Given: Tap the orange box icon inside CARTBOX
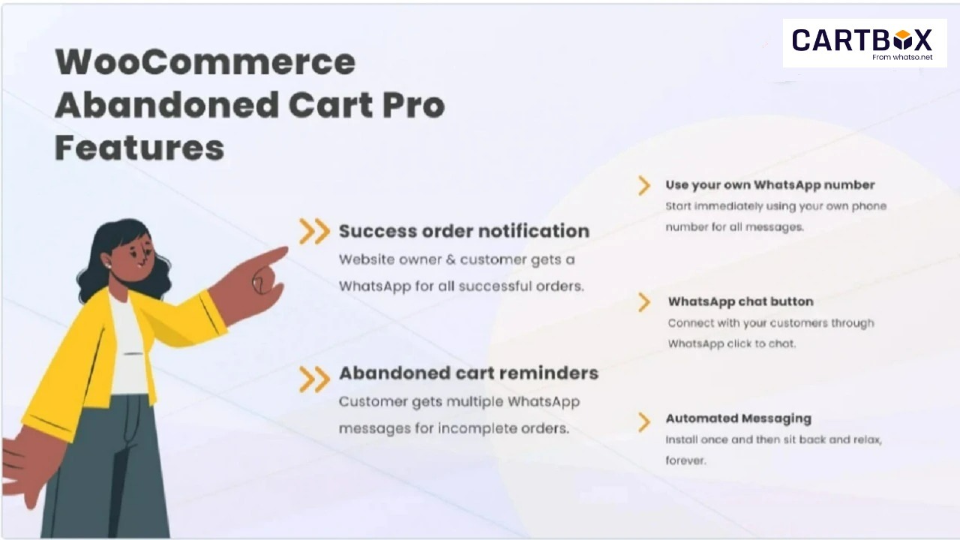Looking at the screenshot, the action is [x=902, y=40].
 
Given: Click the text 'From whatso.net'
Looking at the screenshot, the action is [x=902, y=57].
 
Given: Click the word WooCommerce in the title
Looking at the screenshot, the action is [x=205, y=62].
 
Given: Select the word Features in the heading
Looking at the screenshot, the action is [x=139, y=148].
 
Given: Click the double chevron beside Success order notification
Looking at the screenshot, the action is [x=314, y=232].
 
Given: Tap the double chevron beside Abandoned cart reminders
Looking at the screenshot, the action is [x=314, y=379].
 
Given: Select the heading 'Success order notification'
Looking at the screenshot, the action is [x=464, y=231].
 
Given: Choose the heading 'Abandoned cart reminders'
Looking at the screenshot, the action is [x=469, y=373].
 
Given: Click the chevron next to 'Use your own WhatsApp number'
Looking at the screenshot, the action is [x=644, y=185].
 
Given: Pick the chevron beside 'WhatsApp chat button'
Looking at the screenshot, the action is [x=644, y=302].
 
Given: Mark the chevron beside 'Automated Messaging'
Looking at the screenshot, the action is [x=644, y=422].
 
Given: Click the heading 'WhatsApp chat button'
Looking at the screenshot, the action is [x=740, y=301].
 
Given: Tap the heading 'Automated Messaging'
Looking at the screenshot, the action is [x=739, y=418].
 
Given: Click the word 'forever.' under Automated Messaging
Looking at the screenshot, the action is [x=685, y=460].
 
